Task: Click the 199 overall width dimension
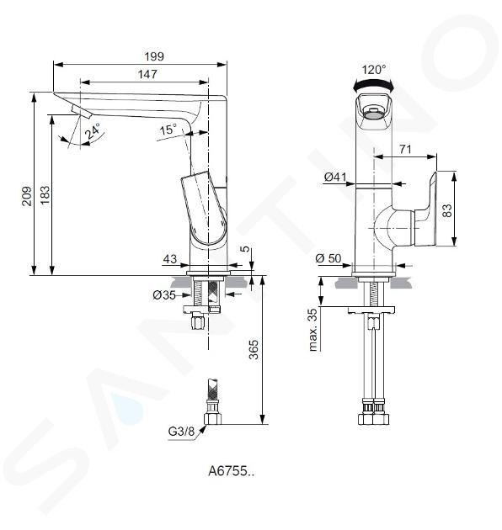154,56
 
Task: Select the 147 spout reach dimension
147,74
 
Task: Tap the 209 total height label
27,196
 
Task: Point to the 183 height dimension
45,194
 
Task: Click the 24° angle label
93,131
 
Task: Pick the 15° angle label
168,129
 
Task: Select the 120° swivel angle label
374,70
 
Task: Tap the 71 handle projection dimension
405,149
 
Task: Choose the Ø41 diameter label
335,177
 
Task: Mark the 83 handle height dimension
447,210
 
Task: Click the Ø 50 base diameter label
328,258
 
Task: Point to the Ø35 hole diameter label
164,295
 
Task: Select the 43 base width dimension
170,259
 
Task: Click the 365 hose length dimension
254,349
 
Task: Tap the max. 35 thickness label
313,330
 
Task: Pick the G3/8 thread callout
181,432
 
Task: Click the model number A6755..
231,471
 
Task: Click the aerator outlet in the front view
374,115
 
